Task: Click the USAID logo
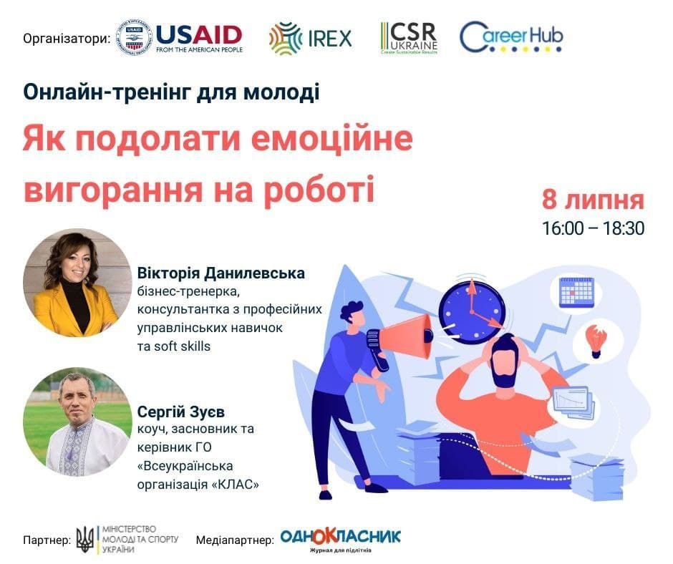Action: click(x=180, y=38)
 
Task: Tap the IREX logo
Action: click(x=310, y=38)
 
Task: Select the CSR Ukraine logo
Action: click(x=409, y=38)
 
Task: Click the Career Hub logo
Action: click(x=511, y=37)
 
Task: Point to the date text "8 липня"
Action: click(x=593, y=200)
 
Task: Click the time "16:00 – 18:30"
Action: click(x=593, y=228)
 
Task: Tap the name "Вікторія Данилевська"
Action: click(x=221, y=273)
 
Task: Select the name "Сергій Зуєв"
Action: click(x=180, y=412)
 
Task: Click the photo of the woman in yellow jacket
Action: click(x=77, y=283)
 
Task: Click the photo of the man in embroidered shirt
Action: click(x=77, y=422)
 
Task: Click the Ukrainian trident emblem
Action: click(x=85, y=539)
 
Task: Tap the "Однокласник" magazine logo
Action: click(x=340, y=540)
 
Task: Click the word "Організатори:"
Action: click(x=67, y=39)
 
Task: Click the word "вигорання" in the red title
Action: click(x=112, y=189)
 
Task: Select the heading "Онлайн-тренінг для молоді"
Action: click(x=171, y=93)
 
